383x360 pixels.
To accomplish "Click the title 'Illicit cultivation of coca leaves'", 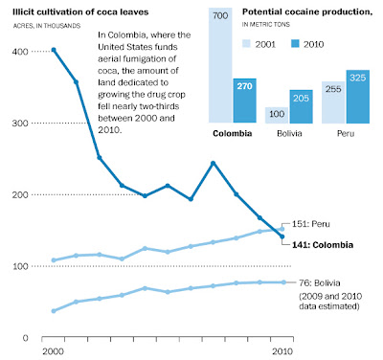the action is (x=80, y=12).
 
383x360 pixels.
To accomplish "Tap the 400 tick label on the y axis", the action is (x=20, y=52).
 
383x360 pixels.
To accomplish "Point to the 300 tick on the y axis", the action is (x=20, y=124).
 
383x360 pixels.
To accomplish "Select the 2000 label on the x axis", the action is (x=53, y=351).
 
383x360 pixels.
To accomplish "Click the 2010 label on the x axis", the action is (x=282, y=351).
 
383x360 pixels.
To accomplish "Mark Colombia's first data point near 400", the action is (x=54, y=50).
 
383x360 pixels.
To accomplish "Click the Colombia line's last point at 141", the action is (x=282, y=236).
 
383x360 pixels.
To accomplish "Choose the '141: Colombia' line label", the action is (x=323, y=245).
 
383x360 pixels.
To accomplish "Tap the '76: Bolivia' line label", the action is (x=320, y=283).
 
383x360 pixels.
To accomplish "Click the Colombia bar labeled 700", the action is (x=220, y=65).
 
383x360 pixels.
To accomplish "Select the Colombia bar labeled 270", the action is (x=245, y=101).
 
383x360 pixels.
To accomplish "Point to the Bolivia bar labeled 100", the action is (x=277, y=115).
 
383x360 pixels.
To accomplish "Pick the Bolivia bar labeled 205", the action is (x=301, y=106).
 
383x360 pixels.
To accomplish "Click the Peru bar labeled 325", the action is (x=358, y=97).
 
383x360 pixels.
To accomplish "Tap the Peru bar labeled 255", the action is (x=333, y=102).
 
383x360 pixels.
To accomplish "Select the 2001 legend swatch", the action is (x=246, y=44).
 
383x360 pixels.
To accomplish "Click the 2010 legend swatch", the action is (x=295, y=44).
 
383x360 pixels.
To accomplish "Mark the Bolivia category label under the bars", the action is (x=289, y=133).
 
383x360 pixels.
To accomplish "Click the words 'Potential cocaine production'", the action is (x=306, y=12).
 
